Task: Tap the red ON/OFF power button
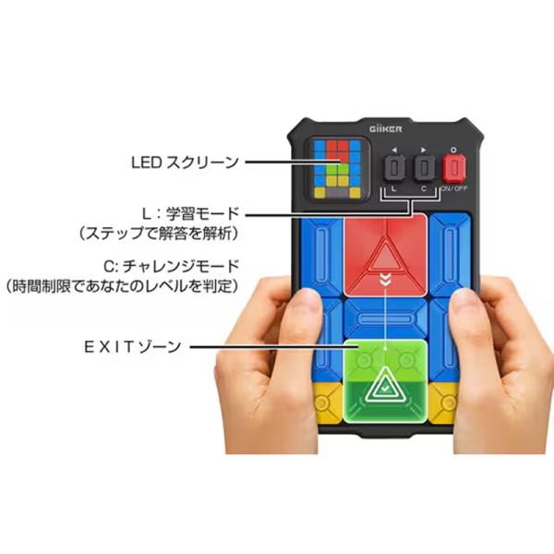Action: [x=452, y=167]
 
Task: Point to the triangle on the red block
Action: [x=385, y=254]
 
